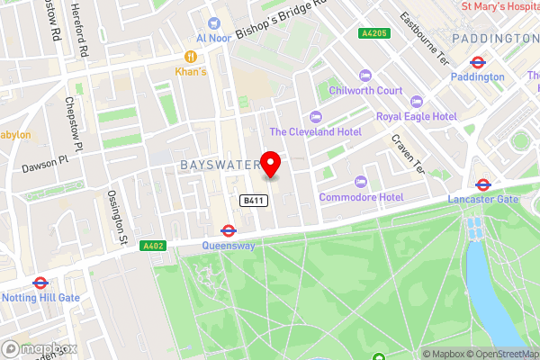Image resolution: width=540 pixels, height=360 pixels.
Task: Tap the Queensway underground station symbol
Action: click(228, 230)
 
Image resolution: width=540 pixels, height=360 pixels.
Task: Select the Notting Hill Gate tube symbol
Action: click(40, 283)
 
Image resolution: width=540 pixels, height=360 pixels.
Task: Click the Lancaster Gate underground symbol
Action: click(483, 184)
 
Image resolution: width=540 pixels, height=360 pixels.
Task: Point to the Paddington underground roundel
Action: click(478, 62)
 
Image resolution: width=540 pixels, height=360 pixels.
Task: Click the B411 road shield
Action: click(252, 202)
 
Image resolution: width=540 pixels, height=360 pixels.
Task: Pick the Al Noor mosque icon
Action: click(214, 22)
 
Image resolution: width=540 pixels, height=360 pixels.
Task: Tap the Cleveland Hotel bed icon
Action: click(315, 116)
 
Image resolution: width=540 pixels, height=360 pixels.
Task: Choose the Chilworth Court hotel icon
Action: click(364, 76)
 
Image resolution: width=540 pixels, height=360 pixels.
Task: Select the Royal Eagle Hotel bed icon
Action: click(415, 102)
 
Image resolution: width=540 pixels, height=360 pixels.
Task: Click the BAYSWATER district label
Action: click(220, 166)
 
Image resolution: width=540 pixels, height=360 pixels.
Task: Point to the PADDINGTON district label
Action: click(494, 39)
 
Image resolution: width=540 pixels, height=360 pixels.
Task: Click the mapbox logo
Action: click(40, 348)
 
